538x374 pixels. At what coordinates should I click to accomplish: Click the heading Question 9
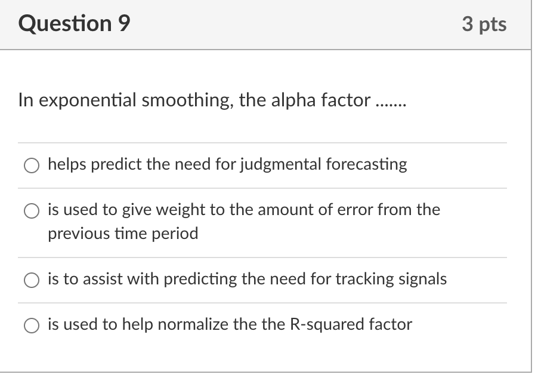[74, 23]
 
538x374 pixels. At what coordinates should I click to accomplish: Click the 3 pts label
[484, 24]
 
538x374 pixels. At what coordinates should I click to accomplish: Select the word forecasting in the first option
[366, 164]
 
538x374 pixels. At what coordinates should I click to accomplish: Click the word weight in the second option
[184, 210]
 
